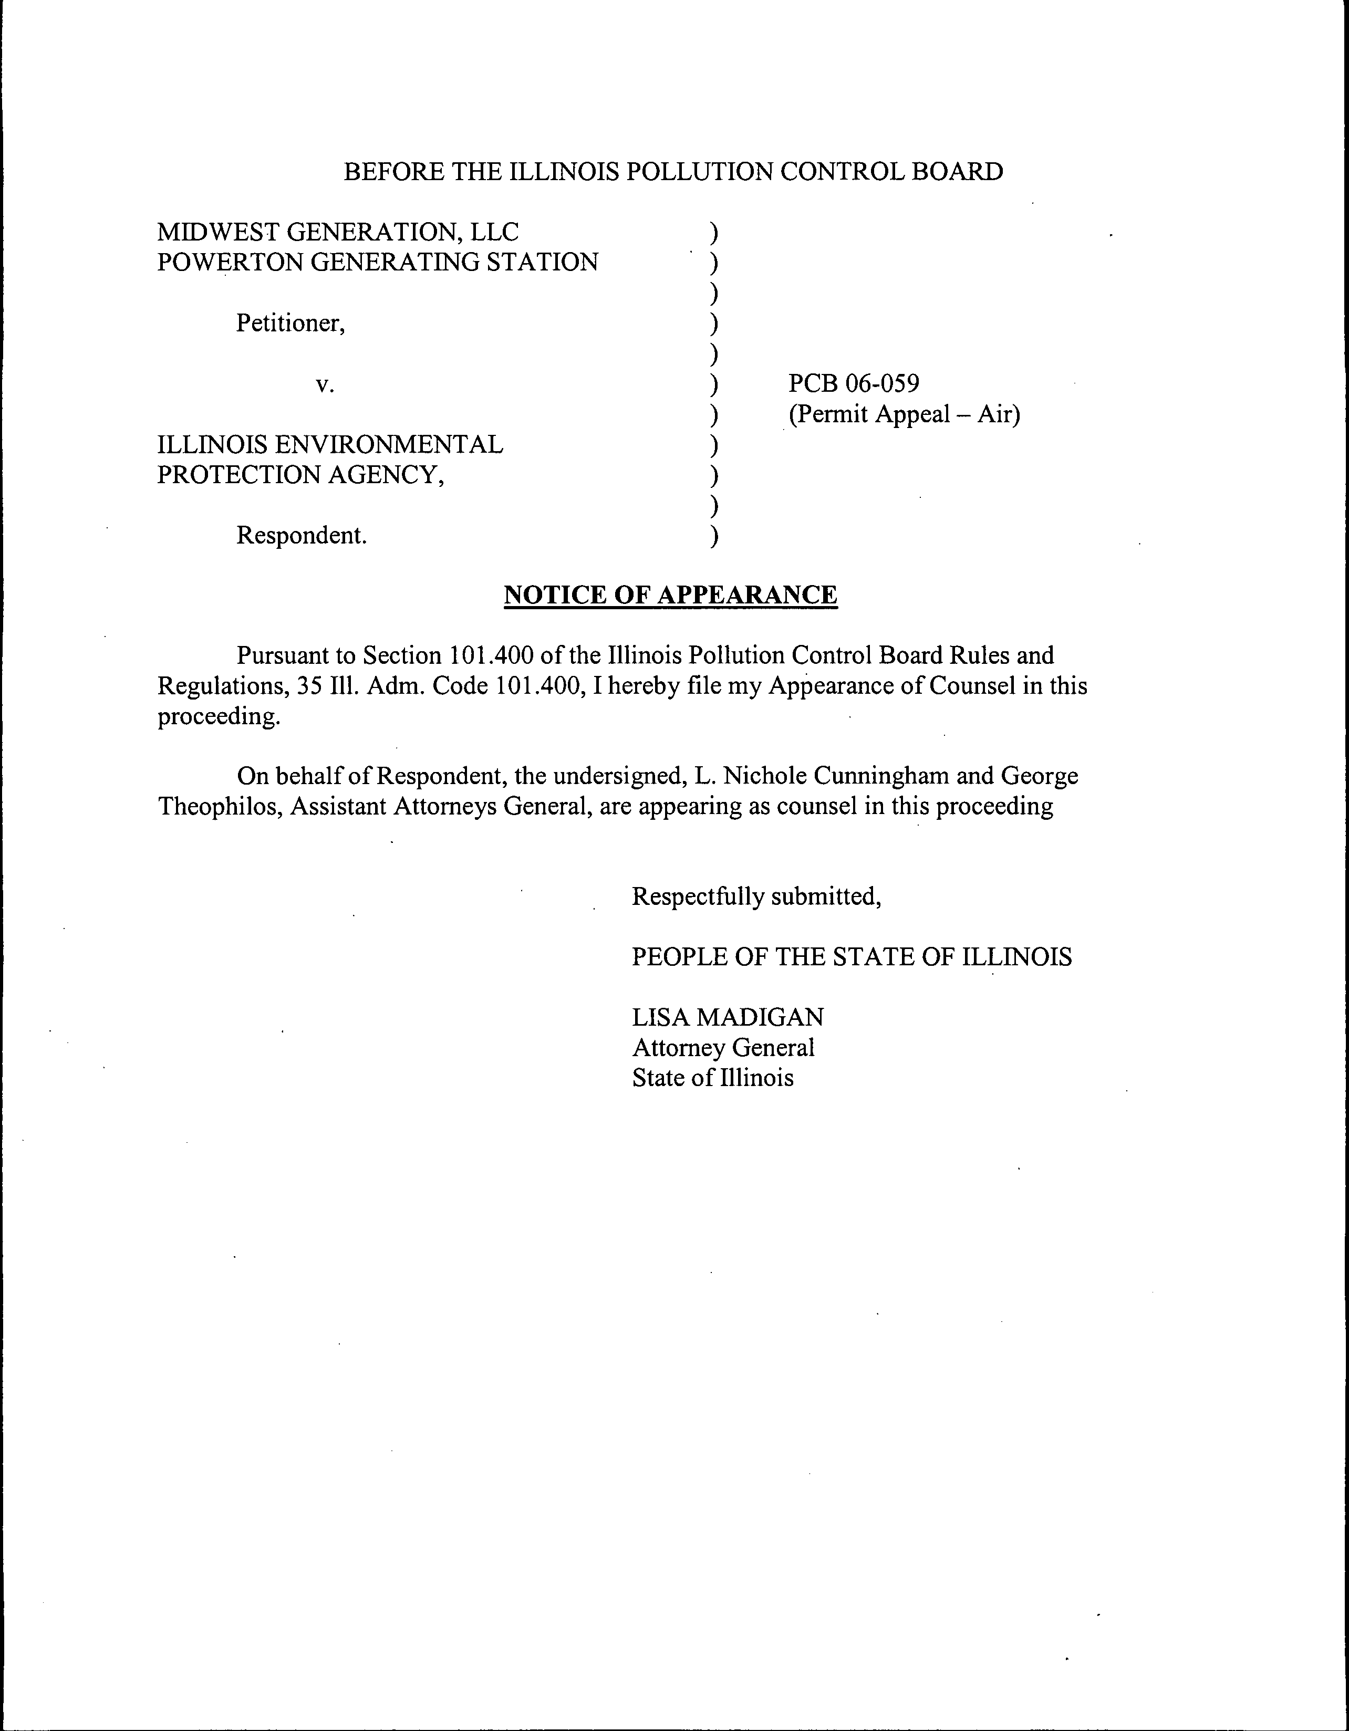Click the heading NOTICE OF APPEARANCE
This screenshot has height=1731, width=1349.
tap(670, 595)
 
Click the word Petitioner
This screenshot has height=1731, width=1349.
tap(290, 324)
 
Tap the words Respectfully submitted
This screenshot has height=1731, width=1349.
tap(756, 896)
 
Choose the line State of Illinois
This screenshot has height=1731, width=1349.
tap(712, 1078)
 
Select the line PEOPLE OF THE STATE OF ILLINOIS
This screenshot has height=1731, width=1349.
tap(851, 957)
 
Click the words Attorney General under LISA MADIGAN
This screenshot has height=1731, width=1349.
tap(723, 1048)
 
